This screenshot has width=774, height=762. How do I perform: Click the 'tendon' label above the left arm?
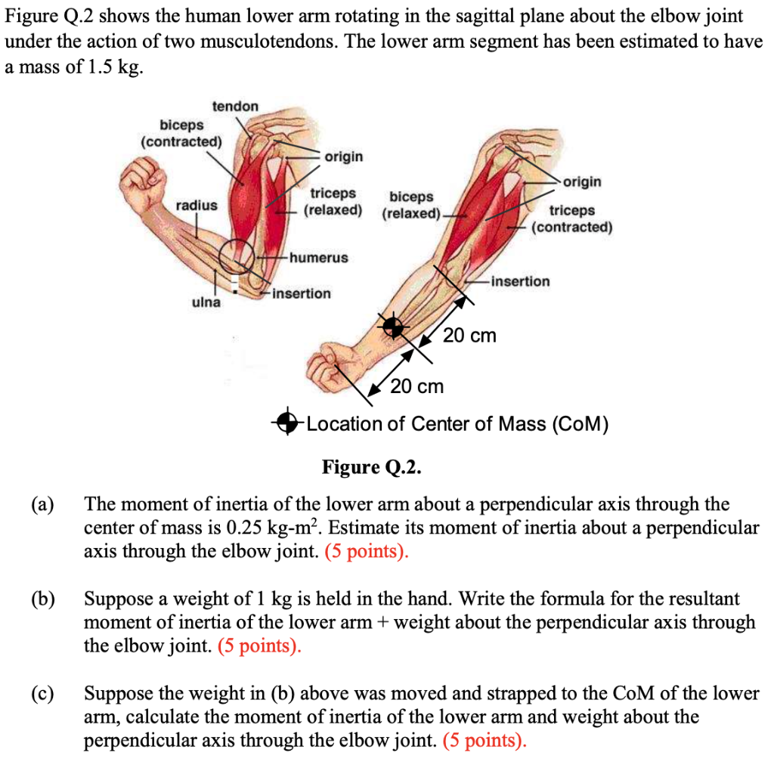tap(235, 107)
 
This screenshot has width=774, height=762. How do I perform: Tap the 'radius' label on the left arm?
tap(197, 205)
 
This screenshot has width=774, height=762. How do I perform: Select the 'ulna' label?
tap(205, 302)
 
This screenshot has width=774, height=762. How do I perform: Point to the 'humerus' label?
tap(318, 258)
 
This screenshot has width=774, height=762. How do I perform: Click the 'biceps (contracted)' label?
tap(181, 133)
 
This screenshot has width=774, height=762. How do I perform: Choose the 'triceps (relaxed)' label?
tap(333, 201)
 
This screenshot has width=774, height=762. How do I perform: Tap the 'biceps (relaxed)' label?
tap(411, 205)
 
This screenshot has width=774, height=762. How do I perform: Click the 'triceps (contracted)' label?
tap(572, 218)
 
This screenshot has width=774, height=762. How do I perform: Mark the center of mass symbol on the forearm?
tap(392, 327)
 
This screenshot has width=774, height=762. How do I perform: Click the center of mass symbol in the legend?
tap(288, 423)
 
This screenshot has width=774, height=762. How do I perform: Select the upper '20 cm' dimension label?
tap(469, 335)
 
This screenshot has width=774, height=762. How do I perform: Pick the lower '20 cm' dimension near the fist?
tap(417, 387)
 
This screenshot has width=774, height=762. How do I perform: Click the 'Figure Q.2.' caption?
tap(370, 466)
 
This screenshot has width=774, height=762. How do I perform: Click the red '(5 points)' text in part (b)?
tap(259, 646)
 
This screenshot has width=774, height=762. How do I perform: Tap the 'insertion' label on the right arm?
tap(520, 281)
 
